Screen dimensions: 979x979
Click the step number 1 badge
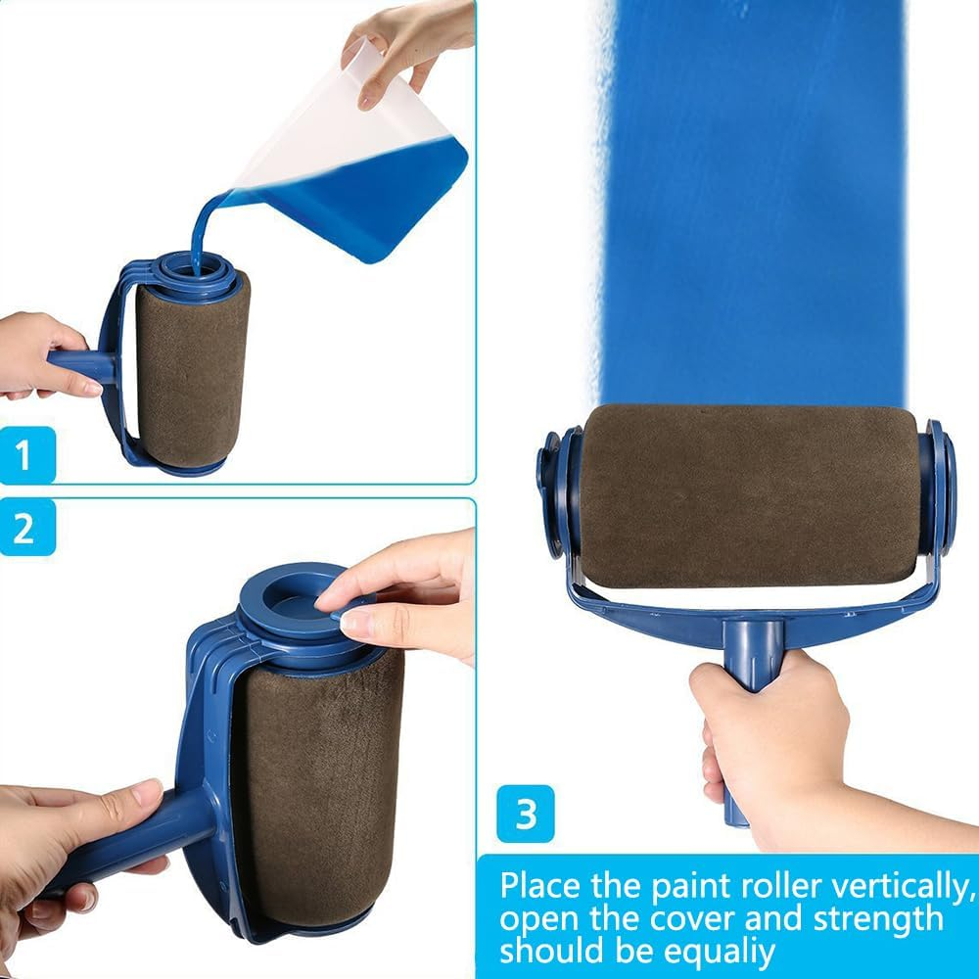[27, 455]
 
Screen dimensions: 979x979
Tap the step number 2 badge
[27, 529]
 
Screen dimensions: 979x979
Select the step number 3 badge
[525, 814]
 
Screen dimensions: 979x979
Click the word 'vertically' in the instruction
[898, 887]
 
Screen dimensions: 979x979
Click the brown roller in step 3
[749, 496]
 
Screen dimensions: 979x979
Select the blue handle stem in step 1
[81, 365]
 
